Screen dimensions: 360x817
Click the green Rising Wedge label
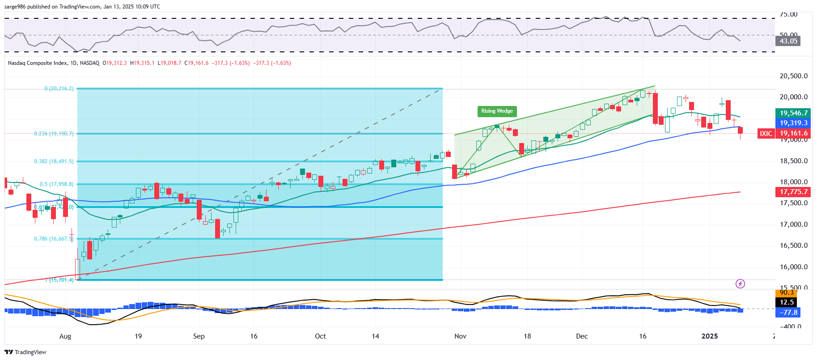coord(497,111)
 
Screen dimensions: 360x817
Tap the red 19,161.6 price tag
coord(793,133)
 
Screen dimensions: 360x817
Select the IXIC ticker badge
coord(766,133)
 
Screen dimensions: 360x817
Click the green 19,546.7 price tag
coord(793,113)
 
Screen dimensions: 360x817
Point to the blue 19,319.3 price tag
coord(793,123)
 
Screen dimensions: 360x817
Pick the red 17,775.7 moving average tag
coord(793,192)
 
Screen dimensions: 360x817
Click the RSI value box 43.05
coord(788,41)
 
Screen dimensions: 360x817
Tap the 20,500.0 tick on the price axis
coord(793,76)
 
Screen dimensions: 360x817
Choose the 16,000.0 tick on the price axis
coord(793,267)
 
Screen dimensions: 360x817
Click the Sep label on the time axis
coord(199,336)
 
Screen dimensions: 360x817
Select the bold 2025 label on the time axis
coord(709,336)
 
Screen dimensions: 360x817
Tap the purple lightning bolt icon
coord(740,284)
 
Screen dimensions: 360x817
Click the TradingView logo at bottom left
coord(25,352)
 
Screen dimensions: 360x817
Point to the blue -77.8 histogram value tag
coord(788,313)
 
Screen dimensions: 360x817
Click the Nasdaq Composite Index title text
coord(38,63)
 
